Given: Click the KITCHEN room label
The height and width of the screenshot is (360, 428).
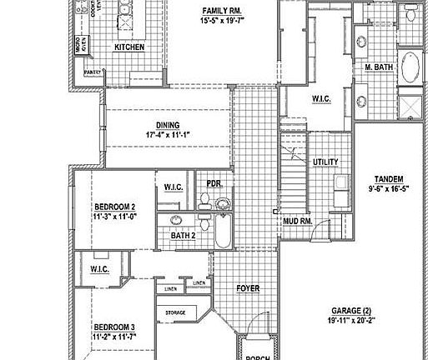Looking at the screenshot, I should pos(129,47).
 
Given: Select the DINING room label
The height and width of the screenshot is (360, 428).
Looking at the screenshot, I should pos(168,125).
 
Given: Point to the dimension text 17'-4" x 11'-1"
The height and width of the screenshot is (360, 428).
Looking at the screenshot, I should pos(168,134).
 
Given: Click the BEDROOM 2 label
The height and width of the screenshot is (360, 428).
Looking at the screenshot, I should pos(114,206).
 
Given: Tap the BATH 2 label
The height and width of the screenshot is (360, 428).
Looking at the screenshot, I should pos(183,236).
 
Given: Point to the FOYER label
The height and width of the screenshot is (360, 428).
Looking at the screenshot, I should pos(248,289).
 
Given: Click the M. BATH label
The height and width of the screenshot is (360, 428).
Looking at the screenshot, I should pos(379,66).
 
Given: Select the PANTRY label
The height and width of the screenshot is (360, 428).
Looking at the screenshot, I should pos(92,72).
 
